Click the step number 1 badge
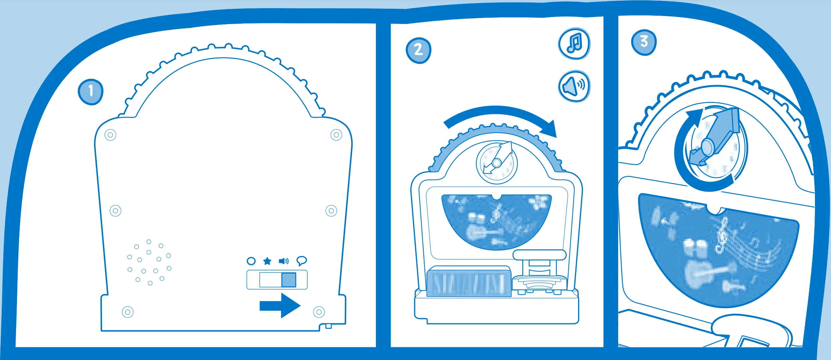91,92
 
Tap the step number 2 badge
418,50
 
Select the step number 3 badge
644,42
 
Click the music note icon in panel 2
574,44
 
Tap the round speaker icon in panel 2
574,86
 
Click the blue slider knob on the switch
289,280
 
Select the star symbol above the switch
267,261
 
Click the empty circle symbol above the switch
251,261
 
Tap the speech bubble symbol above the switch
301,261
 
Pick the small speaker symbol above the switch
284,261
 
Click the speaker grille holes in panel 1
149,263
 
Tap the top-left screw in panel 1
110,135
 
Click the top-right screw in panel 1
336,135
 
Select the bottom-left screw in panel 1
128,312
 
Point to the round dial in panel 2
497,163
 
